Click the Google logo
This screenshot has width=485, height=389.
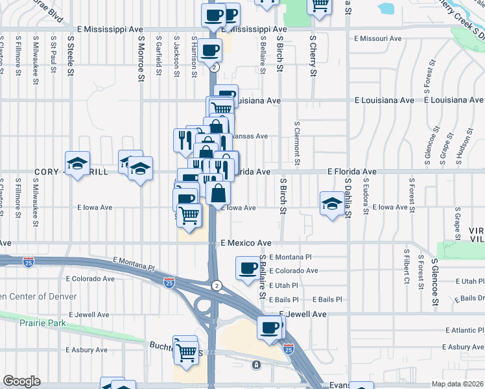21,381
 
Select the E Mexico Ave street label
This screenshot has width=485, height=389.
246,243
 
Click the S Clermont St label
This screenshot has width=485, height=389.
297,140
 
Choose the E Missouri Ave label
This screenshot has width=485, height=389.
377,39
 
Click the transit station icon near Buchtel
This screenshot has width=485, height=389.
257,364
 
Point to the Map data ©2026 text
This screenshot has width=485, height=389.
457,384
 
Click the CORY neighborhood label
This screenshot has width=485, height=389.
49,172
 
